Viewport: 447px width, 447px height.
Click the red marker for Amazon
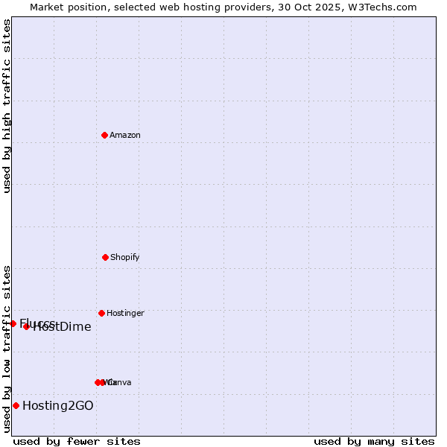[105, 135]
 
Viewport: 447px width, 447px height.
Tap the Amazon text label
[125, 135]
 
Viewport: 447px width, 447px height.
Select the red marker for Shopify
[105, 257]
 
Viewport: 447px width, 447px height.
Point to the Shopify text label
[125, 257]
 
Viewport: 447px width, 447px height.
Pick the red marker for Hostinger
[101, 313]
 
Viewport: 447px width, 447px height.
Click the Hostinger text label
[125, 313]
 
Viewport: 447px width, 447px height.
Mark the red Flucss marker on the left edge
[13, 323]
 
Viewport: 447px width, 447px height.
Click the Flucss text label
[37, 323]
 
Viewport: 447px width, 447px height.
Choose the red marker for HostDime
[26, 326]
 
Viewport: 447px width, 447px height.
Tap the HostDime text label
[63, 326]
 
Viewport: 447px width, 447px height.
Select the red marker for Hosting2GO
[16, 405]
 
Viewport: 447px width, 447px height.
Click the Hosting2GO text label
[58, 405]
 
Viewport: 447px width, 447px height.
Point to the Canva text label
[120, 382]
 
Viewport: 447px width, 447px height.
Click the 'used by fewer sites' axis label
[77, 441]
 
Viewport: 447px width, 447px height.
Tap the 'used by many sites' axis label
[374, 441]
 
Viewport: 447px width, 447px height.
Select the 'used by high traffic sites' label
[7, 106]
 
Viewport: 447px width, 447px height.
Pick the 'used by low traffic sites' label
[7, 349]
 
